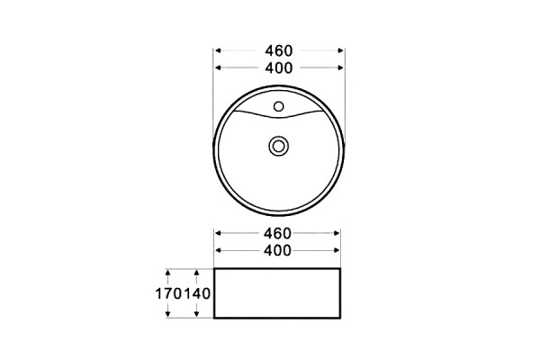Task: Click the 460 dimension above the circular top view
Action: [279, 50]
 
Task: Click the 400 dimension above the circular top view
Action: [279, 67]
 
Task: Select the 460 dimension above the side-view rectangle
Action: [277, 233]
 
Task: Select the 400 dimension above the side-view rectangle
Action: [277, 250]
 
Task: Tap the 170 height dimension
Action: [168, 294]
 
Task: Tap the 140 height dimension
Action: [196, 294]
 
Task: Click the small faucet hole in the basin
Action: [279, 106]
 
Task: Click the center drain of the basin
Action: [278, 146]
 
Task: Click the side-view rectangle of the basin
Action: [277, 268]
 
